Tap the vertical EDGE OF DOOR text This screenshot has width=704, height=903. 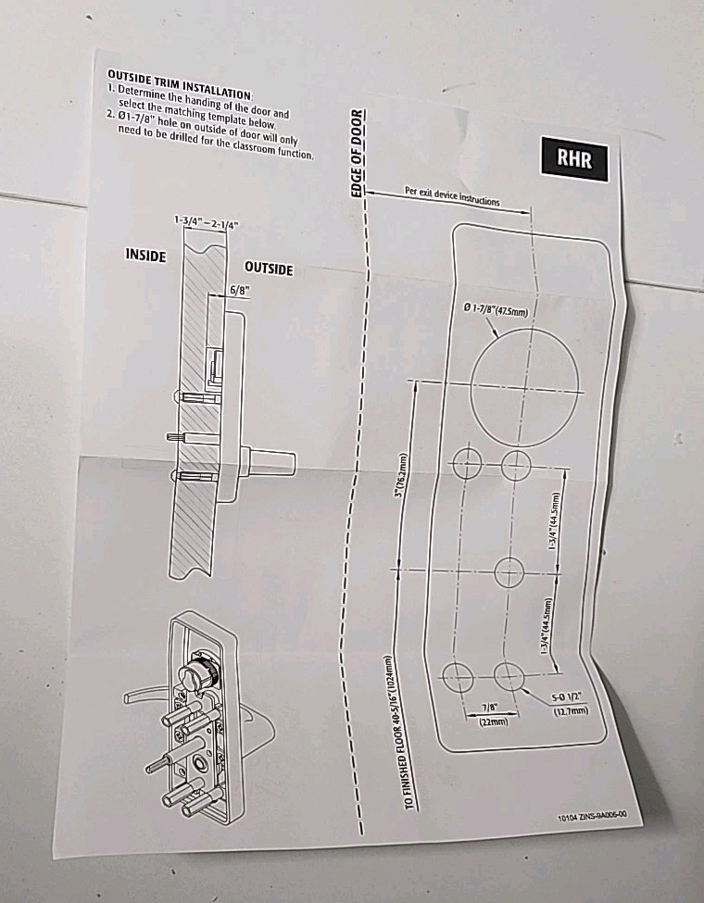coord(358,154)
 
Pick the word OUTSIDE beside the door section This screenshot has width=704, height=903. coord(269,269)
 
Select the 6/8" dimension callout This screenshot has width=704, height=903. coord(240,290)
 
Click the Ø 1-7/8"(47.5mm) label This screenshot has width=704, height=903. coord(495,310)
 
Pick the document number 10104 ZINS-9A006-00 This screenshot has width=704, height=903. coord(593,815)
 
